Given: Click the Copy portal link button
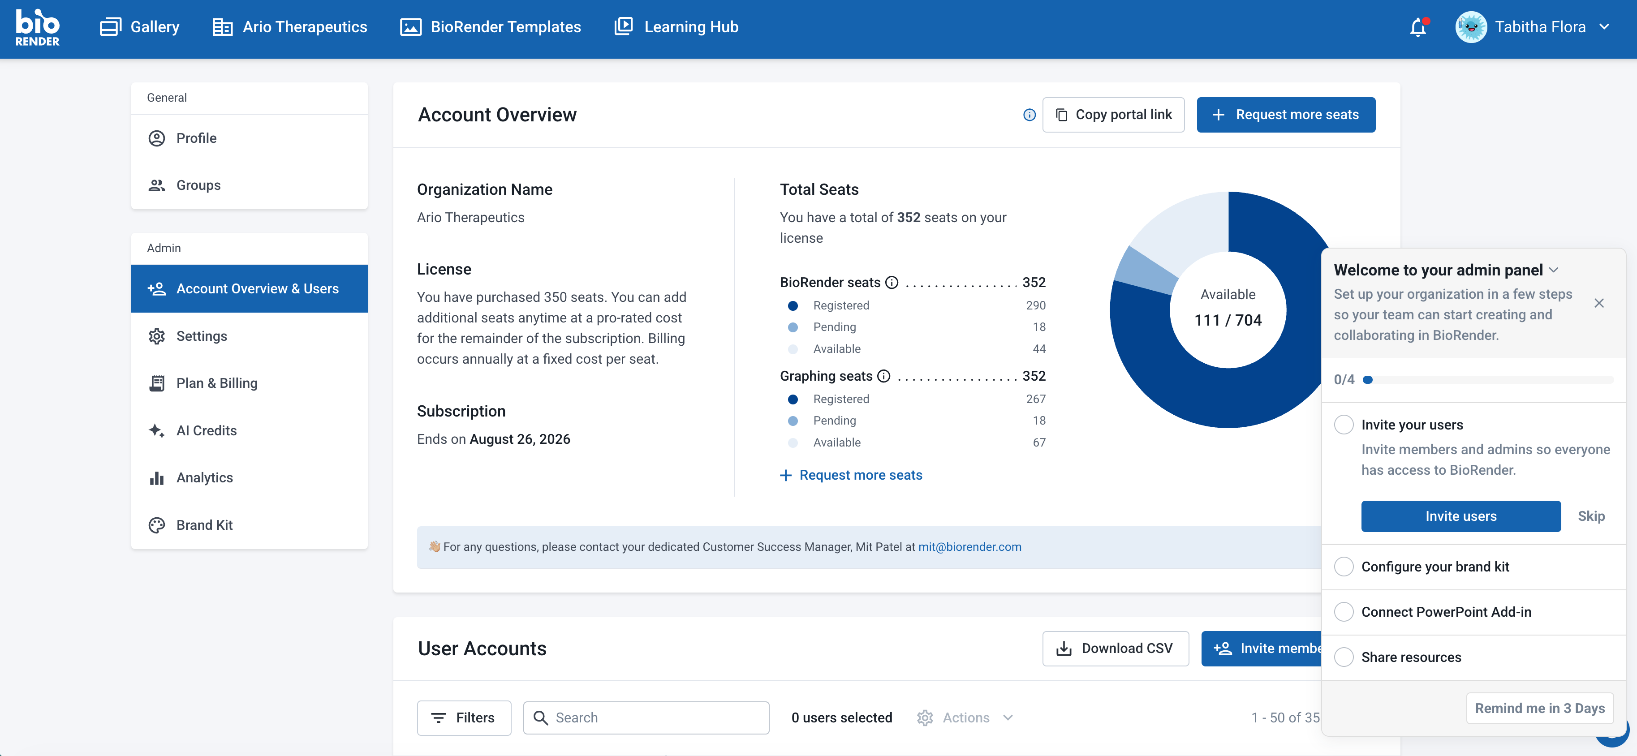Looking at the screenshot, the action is click(x=1113, y=114).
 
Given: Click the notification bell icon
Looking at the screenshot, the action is click(x=1418, y=27).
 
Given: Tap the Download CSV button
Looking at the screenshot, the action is click(x=1115, y=648).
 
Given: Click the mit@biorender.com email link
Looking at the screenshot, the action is click(x=970, y=547).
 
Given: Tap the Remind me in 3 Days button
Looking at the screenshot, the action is click(x=1540, y=708).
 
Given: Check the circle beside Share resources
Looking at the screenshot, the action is click(x=1344, y=657).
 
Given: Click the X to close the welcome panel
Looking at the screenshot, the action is click(x=1599, y=303).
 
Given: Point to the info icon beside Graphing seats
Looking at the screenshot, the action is click(x=884, y=376).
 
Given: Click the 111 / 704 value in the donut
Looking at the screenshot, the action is click(x=1228, y=320).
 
